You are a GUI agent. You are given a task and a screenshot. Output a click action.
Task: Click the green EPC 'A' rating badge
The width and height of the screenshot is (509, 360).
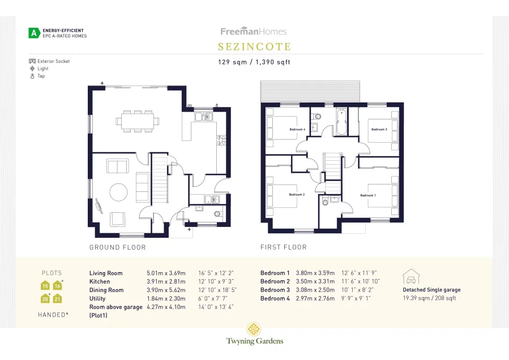pos(35,33)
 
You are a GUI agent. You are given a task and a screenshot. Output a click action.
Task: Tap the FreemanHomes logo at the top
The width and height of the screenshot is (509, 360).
pos(253,32)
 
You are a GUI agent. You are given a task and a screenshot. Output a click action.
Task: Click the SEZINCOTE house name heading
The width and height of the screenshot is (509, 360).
pos(254,47)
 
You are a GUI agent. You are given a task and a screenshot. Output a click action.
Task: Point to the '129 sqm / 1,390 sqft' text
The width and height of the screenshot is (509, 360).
pos(254,62)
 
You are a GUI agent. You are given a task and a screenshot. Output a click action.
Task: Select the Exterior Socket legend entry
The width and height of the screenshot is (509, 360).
pos(50,61)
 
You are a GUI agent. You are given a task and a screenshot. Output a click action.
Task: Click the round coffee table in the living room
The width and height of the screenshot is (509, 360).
pos(119,192)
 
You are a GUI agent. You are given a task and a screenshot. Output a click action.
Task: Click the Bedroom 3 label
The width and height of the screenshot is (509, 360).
pos(379,130)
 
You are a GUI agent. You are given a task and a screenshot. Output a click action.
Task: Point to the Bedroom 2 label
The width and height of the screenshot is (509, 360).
pos(297,195)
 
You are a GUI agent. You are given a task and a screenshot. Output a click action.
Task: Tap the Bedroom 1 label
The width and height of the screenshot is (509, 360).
pos(368,195)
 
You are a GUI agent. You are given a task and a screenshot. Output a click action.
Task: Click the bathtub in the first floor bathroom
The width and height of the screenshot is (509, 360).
pos(341,123)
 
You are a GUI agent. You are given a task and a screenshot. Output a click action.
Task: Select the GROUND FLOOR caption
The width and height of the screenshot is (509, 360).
pos(118,247)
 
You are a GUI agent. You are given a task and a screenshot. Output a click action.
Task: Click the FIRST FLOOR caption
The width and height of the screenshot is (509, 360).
pos(283,247)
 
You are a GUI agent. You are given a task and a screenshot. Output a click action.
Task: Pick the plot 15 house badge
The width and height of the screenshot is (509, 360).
pos(45,286)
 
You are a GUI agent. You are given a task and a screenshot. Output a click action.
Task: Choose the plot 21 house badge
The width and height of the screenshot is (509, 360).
pos(57,298)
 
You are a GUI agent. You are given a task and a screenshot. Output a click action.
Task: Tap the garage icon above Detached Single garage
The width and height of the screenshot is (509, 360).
pos(410,277)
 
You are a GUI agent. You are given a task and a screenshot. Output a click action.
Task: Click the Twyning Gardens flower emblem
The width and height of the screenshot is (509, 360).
pos(254,329)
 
